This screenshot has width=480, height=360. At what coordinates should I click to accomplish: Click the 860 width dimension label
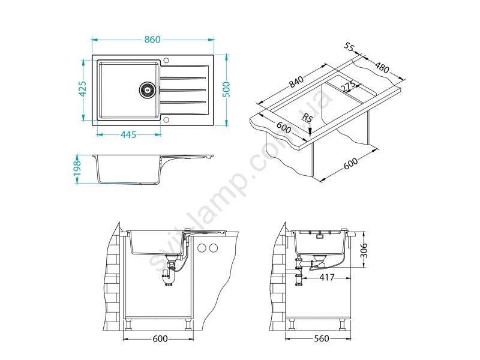[x=152, y=40]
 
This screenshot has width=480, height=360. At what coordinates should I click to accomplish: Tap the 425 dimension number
[x=82, y=89]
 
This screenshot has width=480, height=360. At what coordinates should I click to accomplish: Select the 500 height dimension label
[x=226, y=89]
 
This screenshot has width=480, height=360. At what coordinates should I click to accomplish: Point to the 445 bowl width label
[x=128, y=134]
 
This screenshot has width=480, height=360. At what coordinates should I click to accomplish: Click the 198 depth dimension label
[x=77, y=168]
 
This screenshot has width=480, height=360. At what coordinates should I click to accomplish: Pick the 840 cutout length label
[x=296, y=82]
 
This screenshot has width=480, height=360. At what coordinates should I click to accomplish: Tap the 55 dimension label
[x=349, y=47]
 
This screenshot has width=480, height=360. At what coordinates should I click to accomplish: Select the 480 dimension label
[x=382, y=67]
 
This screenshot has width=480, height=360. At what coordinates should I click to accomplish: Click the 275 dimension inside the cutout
[x=348, y=86]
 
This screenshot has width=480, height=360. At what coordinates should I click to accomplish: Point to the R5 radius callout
[x=307, y=118]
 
